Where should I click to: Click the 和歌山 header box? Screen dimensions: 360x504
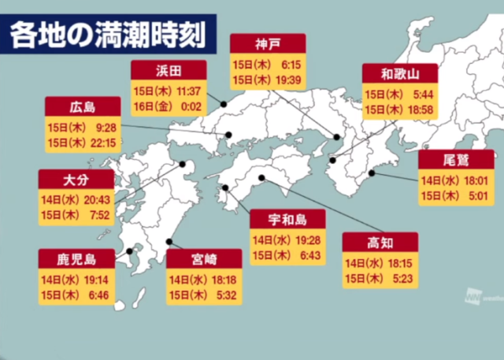tap(399, 74)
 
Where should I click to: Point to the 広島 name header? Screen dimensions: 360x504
tap(82, 107)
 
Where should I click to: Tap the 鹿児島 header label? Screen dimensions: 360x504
tap(76, 258)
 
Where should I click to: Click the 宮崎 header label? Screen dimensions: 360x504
tap(204, 258)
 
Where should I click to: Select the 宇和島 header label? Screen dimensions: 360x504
tap(287, 218)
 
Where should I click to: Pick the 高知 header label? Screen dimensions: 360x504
tap(380, 242)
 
